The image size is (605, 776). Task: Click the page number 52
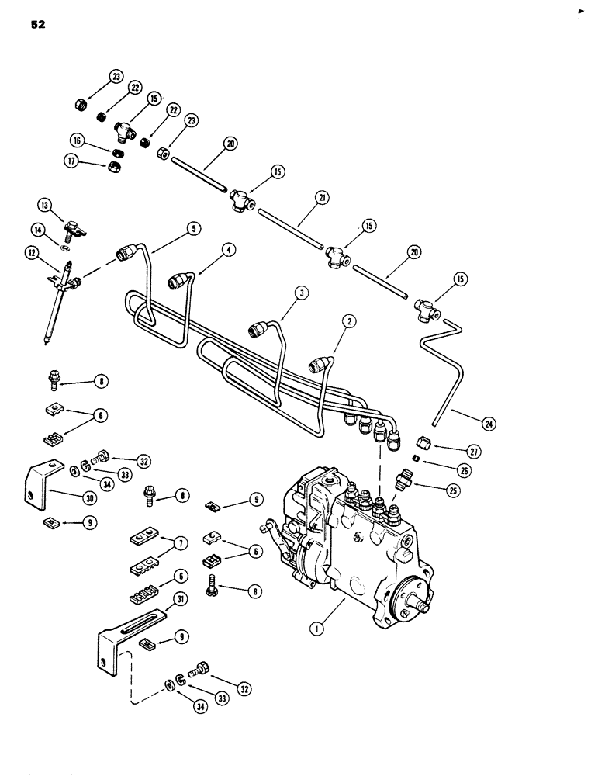pos(38,24)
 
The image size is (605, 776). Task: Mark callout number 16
pos(77,141)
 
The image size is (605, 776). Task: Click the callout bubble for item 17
pos(73,161)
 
